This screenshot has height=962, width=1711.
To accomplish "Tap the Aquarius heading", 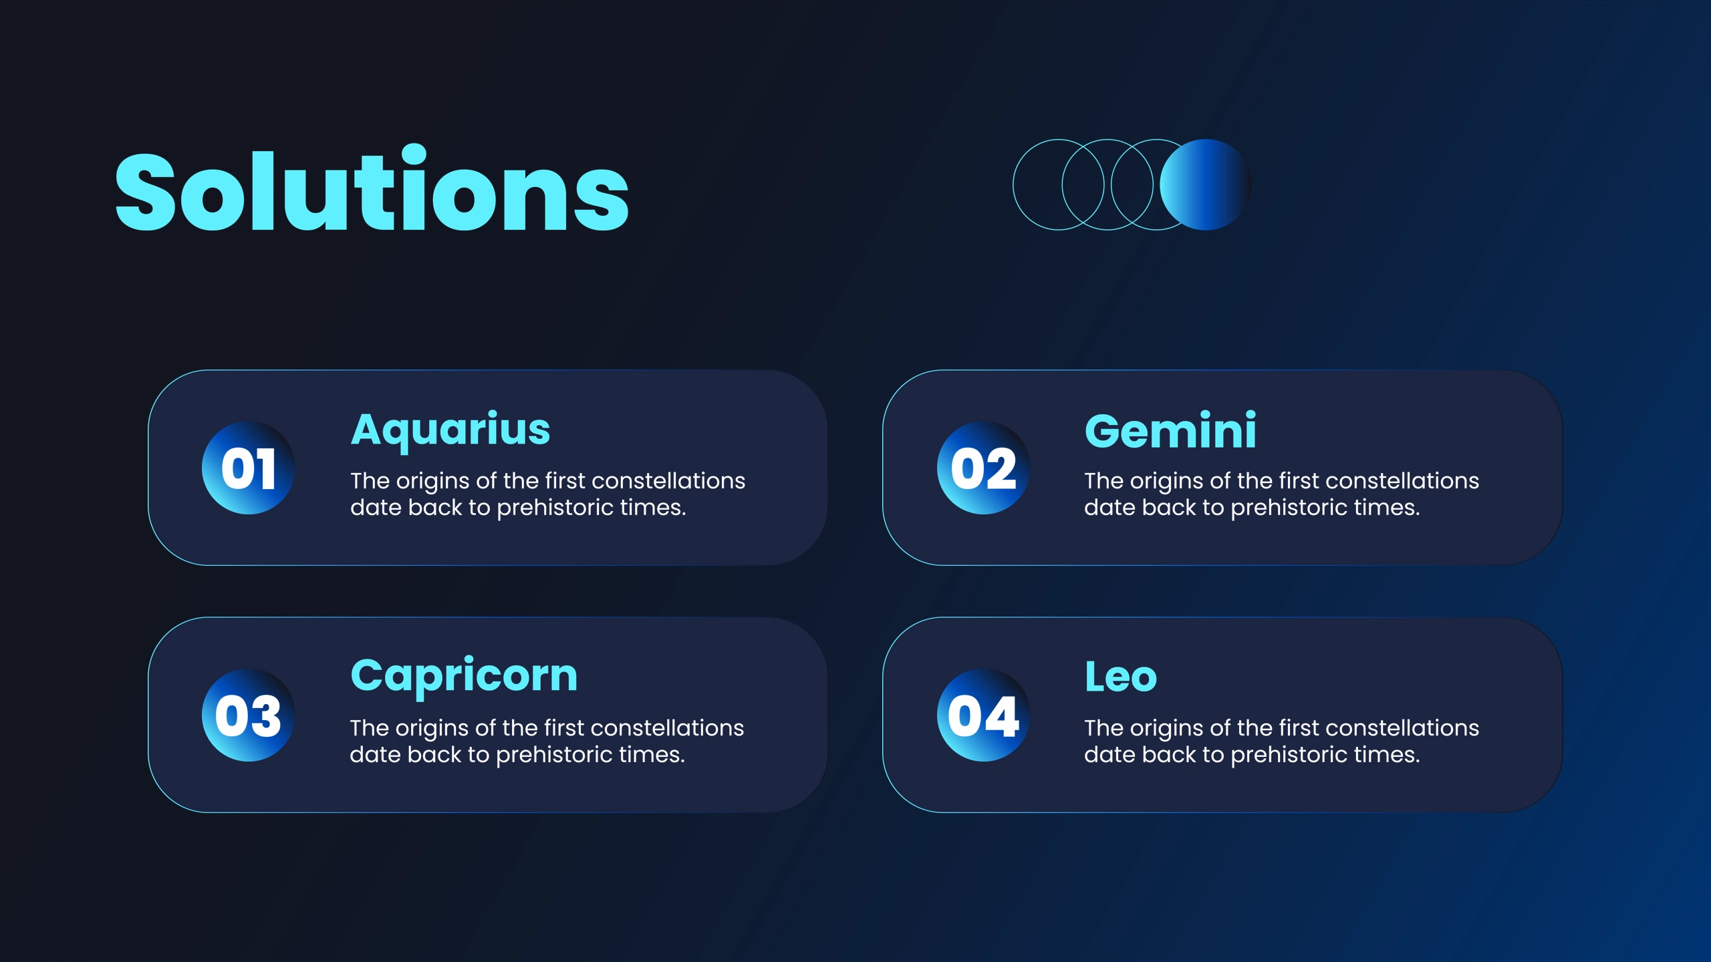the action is [x=450, y=431].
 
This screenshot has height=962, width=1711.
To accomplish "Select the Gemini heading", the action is [x=1170, y=430].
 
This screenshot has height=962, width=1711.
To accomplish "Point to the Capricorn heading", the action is [x=464, y=677].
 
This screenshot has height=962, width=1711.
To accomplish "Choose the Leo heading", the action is [x=1121, y=677].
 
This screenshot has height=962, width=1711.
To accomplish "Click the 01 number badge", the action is [x=249, y=468].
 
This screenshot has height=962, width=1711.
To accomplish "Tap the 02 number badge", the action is [x=983, y=468].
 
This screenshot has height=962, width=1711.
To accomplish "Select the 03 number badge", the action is [x=249, y=715].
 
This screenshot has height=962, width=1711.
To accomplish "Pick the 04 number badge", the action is [x=983, y=715].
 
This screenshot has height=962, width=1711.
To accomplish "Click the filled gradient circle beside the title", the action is [x=1205, y=184].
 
